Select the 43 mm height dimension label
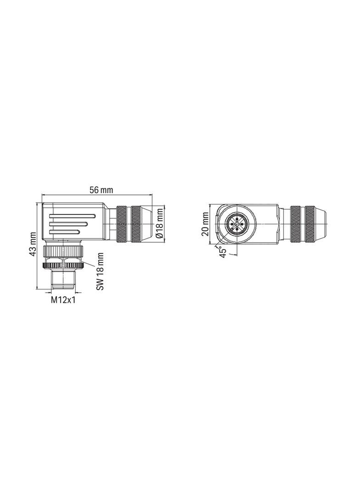click(33, 246)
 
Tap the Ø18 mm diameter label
click(159, 223)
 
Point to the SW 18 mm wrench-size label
click(101, 271)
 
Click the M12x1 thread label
click(62, 300)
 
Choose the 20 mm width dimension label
click(205, 223)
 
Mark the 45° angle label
click(222, 252)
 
